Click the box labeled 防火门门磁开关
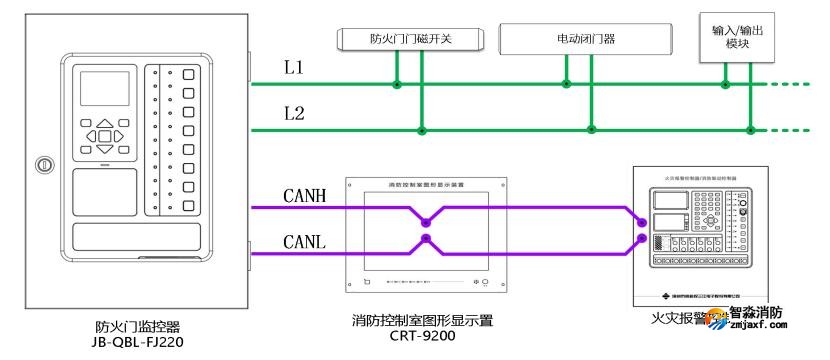(x=410, y=39)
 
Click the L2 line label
(x=293, y=113)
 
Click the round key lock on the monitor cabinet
(x=42, y=163)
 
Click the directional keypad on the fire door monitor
(x=104, y=134)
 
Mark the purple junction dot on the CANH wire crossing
(x=427, y=222)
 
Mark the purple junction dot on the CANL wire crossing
(x=427, y=238)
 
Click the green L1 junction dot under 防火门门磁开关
(x=397, y=85)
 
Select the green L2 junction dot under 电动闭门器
(x=592, y=129)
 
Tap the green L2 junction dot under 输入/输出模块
(x=750, y=129)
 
